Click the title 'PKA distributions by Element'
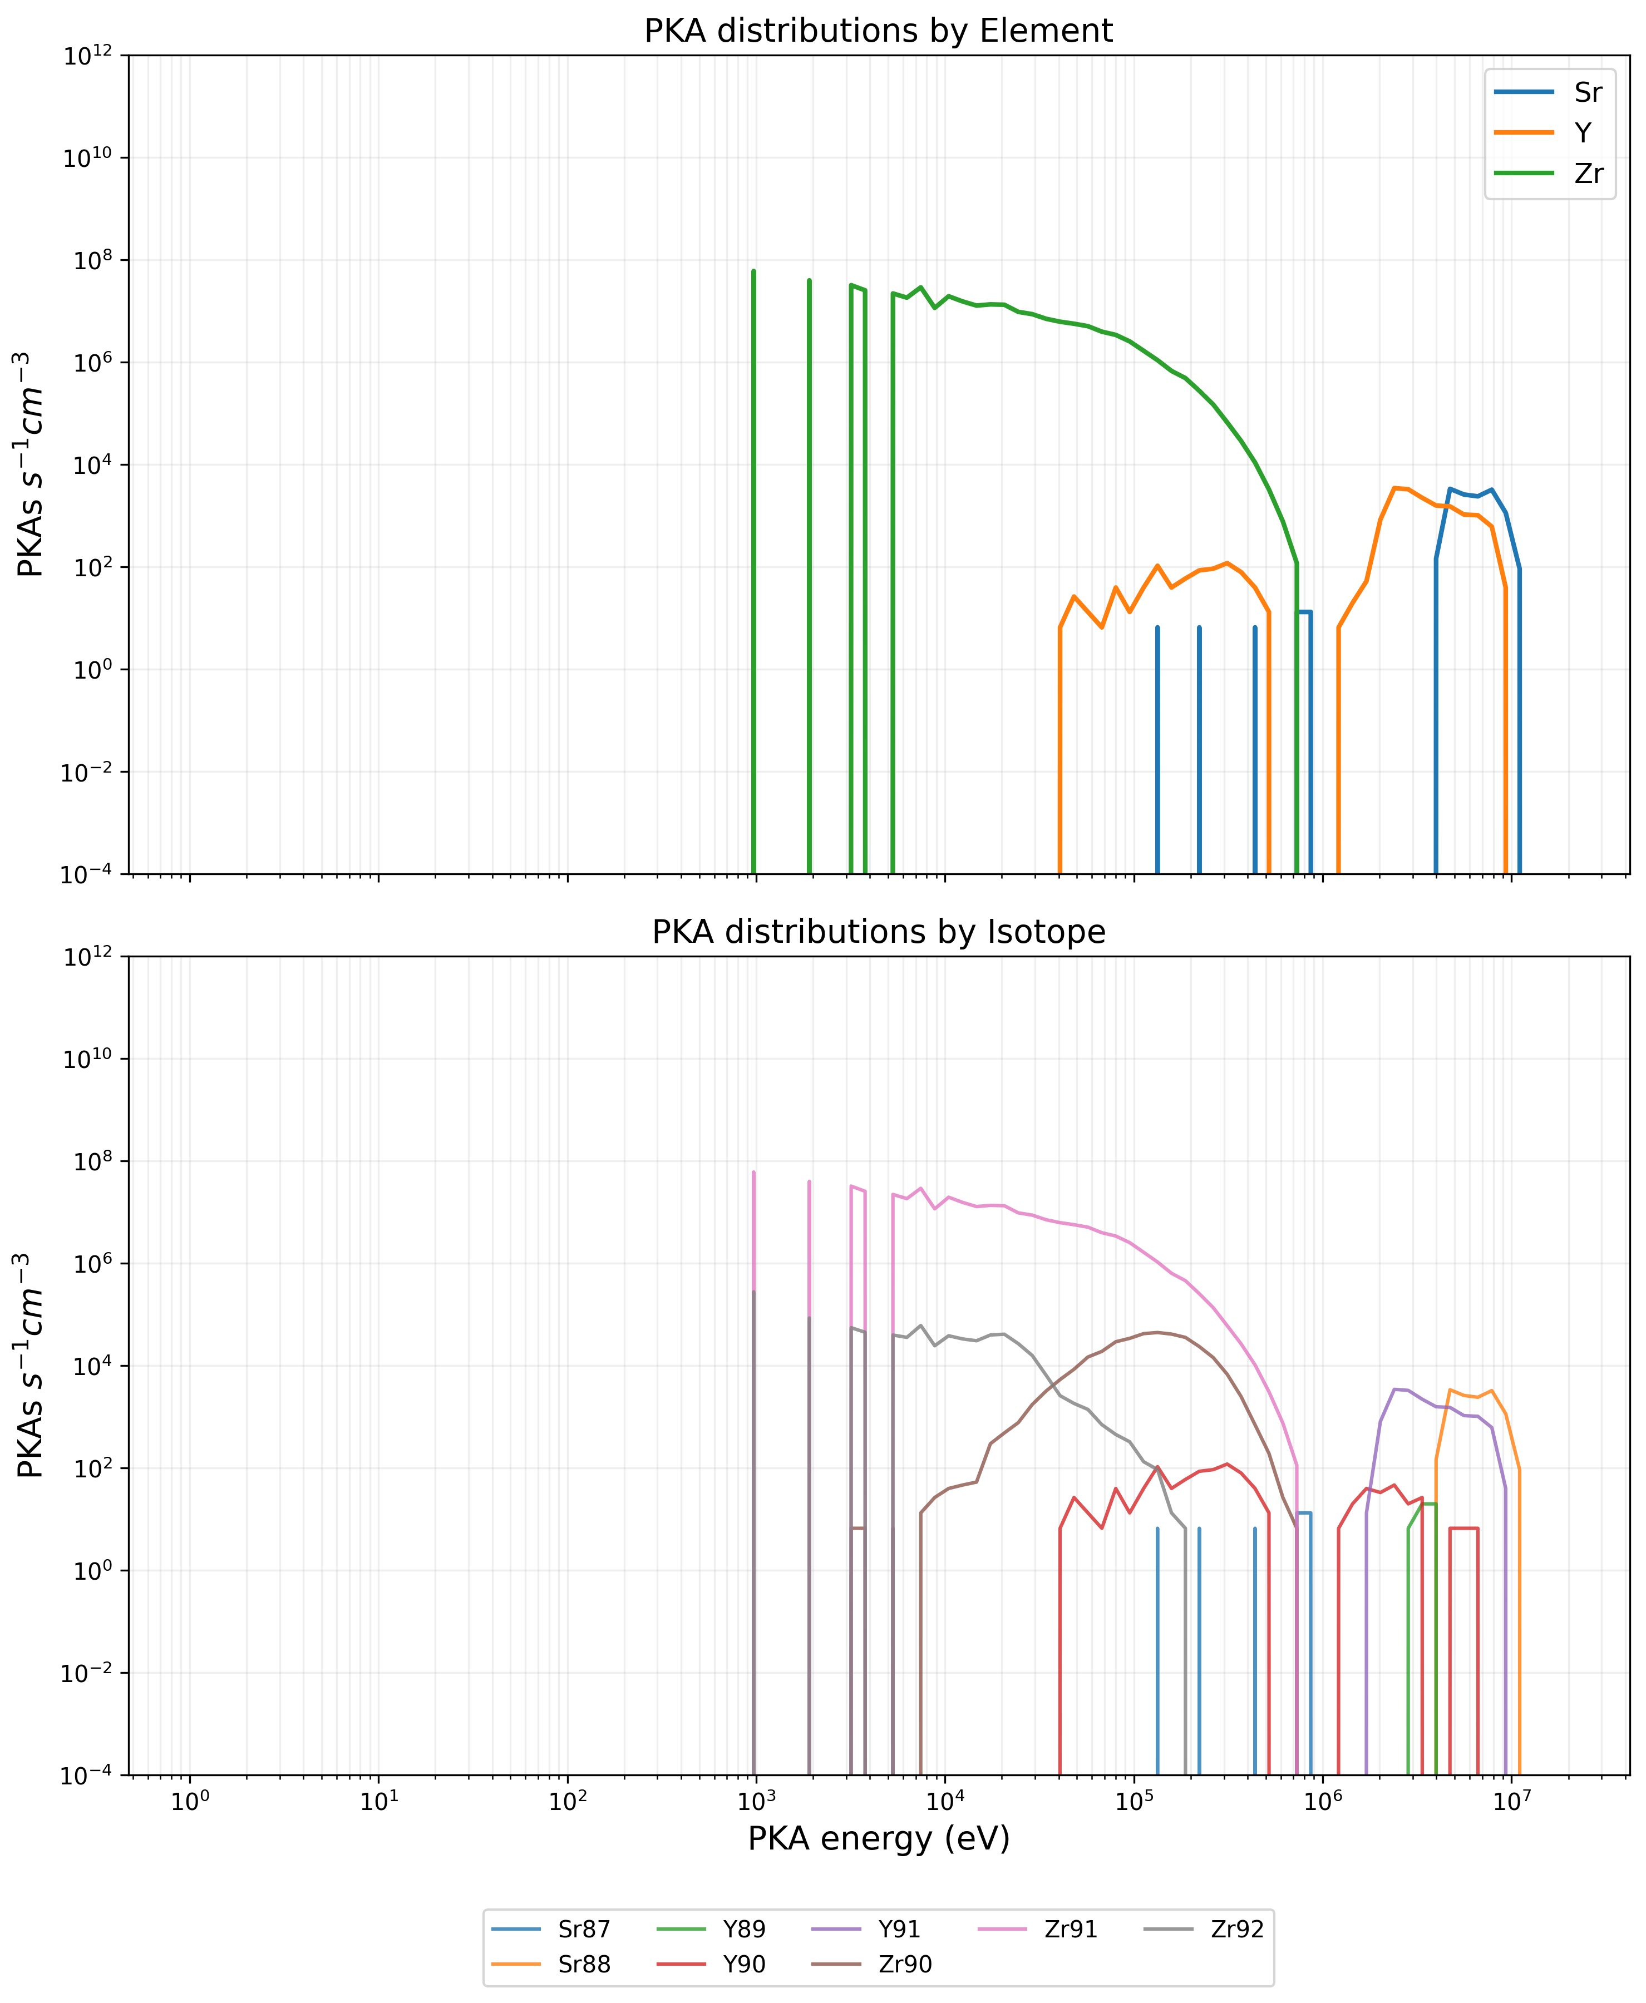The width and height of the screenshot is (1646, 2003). pos(878,31)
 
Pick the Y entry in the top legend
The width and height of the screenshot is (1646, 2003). pos(1583,133)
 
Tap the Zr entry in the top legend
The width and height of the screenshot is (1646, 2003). pos(1588,174)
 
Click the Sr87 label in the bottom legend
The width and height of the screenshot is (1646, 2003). pos(584,1929)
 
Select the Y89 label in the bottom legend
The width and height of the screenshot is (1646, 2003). pos(745,1929)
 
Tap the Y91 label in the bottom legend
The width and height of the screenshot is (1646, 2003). pos(899,1929)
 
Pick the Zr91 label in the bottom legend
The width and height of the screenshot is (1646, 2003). pos(1071,1929)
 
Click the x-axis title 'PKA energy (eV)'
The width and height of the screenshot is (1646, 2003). pos(878,1839)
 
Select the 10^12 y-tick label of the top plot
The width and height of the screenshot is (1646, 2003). pos(87,57)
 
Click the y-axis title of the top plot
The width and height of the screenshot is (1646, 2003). pos(31,464)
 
